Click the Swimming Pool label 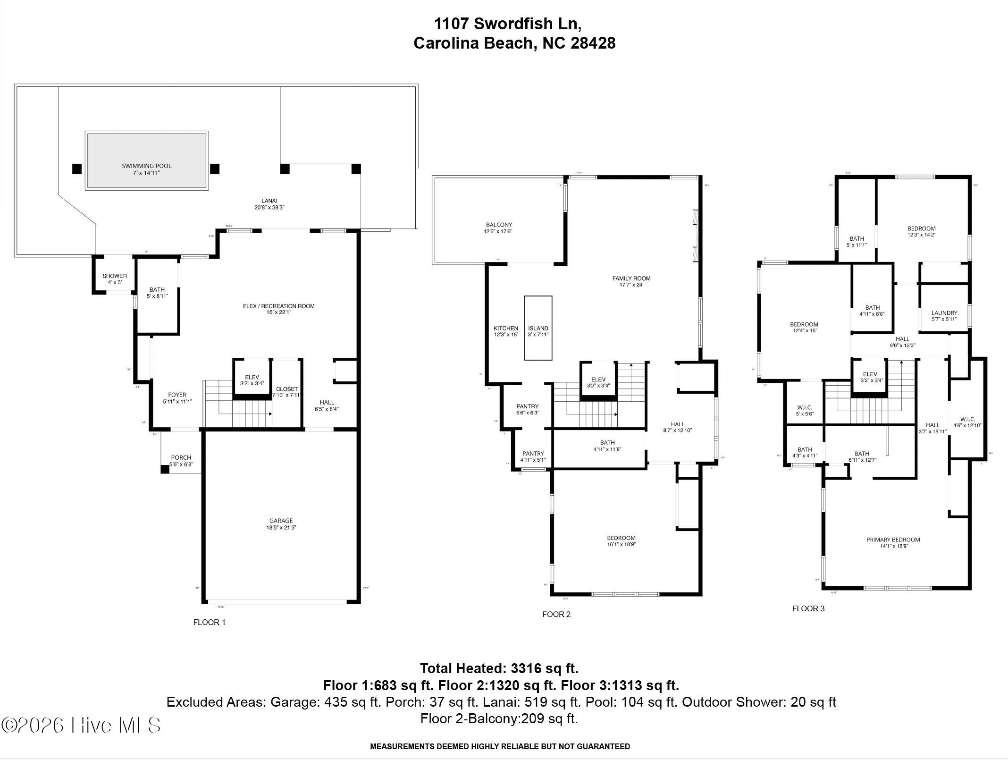coord(147,166)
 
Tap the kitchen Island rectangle coord(538,328)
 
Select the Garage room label coord(281,521)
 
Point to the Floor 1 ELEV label coord(252,377)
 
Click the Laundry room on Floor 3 coord(944,313)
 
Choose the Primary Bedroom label coord(893,540)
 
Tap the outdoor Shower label coord(115,276)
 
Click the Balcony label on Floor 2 coord(499,225)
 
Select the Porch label coord(181,457)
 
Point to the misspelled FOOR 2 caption coord(556,614)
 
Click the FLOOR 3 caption coord(808,608)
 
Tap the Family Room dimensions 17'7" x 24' coord(631,285)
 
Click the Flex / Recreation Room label coord(278,306)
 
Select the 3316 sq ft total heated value coord(544,668)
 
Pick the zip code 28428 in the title coord(593,43)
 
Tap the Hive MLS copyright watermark coord(81,725)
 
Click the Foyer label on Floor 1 coord(177,395)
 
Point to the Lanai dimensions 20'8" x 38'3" coord(269,207)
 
